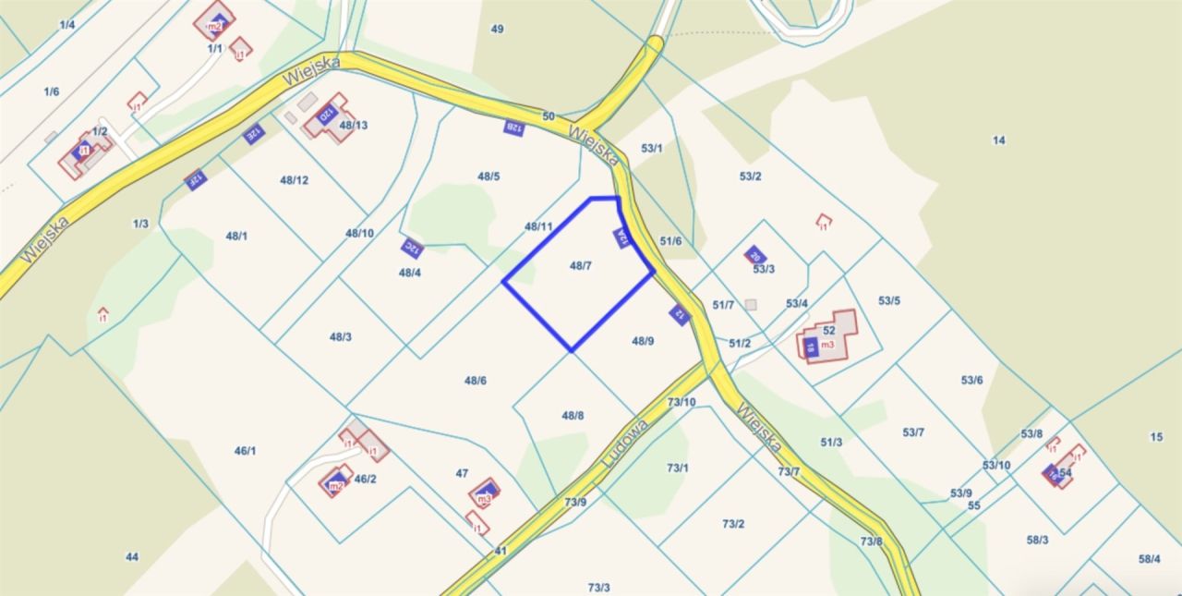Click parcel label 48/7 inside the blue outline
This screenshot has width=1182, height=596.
tap(580, 266)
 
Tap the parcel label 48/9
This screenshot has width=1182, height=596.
tap(643, 341)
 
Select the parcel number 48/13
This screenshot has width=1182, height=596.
tap(354, 125)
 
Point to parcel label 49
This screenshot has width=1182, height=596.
tap(497, 29)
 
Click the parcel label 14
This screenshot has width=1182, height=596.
tap(998, 140)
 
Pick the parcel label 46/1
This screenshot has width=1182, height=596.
tap(245, 451)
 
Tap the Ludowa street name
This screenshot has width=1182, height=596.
tap(625, 444)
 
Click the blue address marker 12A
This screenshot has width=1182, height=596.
tap(622, 238)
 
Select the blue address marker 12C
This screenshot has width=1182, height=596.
tap(412, 248)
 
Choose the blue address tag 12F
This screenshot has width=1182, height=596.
tap(194, 178)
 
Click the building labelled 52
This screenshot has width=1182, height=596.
tap(828, 331)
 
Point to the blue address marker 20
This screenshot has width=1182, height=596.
tap(754, 255)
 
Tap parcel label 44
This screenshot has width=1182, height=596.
tap(132, 556)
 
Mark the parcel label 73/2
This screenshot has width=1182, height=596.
tap(733, 524)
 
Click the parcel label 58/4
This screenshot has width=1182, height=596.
tap(1150, 558)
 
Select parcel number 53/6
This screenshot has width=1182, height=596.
tap(971, 380)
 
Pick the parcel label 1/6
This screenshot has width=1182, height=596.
tap(52, 91)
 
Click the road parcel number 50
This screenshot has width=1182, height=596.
tap(549, 116)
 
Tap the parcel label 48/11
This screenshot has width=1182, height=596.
tap(538, 226)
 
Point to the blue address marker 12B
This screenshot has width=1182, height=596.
tap(513, 128)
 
